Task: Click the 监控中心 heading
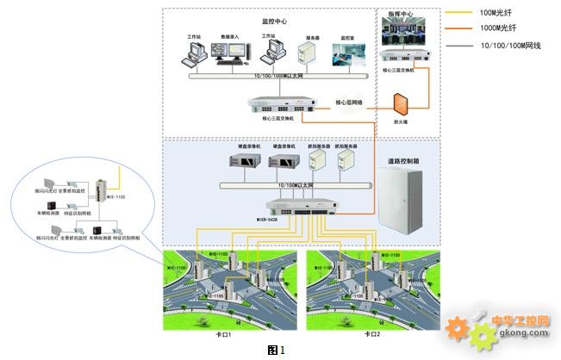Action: coord(274,20)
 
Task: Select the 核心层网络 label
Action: coord(349,102)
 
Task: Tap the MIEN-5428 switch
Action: coord(292,207)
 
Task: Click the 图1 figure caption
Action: coord(276,349)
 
